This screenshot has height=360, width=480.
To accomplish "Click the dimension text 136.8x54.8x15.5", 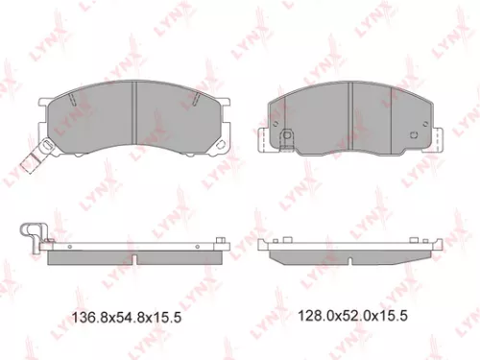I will (140, 315).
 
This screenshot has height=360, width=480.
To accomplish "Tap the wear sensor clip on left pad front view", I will (36, 156).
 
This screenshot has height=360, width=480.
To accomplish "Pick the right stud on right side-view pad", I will (423, 236).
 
